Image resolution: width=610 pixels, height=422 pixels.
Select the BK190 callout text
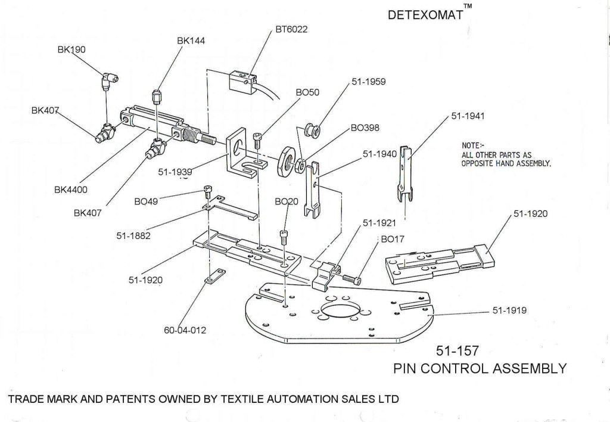(x=71, y=50)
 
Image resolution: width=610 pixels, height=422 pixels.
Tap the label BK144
(x=191, y=41)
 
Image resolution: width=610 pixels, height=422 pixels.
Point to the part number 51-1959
(x=369, y=82)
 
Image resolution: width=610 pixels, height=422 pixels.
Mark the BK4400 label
(x=71, y=190)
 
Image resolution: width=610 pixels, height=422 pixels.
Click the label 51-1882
(x=133, y=235)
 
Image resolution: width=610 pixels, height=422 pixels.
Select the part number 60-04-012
(x=185, y=330)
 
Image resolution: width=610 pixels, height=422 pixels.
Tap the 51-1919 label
(x=509, y=311)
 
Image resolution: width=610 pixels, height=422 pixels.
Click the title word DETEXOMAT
(x=425, y=15)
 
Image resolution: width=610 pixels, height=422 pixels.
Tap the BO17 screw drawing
(x=351, y=278)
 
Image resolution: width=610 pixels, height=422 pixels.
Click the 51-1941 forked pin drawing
(x=406, y=173)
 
